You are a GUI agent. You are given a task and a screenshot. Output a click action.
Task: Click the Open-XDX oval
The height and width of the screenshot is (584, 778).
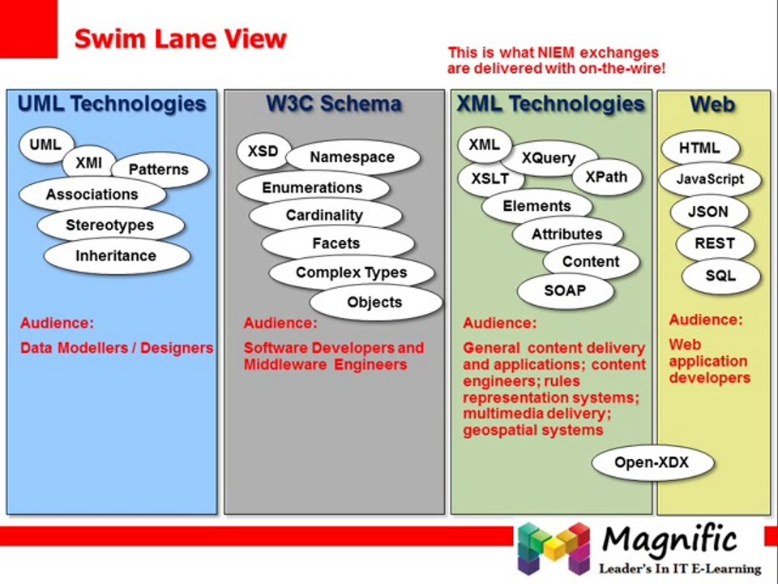coord(652,463)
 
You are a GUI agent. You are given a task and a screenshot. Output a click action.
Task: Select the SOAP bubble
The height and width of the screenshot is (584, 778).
coord(565,290)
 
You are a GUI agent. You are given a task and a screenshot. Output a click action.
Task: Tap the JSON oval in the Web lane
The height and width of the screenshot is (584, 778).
coord(708,212)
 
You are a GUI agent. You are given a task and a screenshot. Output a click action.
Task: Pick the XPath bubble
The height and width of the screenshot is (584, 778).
coord(606,178)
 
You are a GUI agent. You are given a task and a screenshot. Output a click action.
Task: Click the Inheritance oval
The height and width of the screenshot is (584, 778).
coord(117,256)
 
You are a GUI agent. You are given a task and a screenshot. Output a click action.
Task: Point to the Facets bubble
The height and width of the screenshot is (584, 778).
coord(337,243)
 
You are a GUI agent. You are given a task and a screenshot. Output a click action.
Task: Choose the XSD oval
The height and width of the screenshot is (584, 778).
coord(263,151)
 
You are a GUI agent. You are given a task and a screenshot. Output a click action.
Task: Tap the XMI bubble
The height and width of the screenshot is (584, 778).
coord(89,163)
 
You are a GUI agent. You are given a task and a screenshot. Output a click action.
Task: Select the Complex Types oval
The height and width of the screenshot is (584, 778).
coord(351,273)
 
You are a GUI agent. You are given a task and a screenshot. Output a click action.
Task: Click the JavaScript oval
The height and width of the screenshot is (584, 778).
coord(710,179)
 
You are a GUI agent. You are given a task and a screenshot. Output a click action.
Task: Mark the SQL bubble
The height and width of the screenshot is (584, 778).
coord(720,276)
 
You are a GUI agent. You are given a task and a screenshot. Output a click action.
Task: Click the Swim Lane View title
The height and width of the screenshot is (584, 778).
coord(181,39)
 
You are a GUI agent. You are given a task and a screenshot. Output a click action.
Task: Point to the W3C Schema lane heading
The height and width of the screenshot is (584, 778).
coord(334,104)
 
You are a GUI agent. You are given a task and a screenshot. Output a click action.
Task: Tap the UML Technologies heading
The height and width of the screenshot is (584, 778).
coord(112,104)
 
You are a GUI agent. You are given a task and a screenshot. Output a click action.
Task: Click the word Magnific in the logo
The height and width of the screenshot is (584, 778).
coord(670,540)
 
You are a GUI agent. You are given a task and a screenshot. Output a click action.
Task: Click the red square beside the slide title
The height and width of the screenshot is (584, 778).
coord(29,29)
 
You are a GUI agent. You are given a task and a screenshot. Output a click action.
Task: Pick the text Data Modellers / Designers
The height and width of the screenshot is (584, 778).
coord(117,348)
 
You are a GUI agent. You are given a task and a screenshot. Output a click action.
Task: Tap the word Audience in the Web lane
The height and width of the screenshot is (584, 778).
coord(706,320)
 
